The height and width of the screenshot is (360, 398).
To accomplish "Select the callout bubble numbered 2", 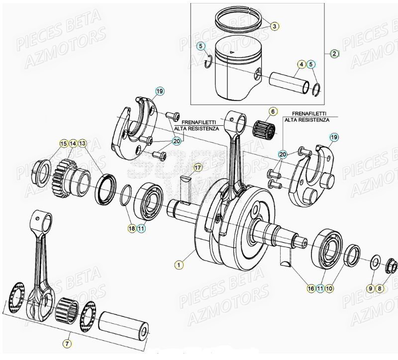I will (334, 53).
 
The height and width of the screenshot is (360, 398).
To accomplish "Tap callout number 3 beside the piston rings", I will (275, 26).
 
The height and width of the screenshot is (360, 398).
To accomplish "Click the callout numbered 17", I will (198, 167).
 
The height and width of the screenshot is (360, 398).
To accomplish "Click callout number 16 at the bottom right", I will (310, 288).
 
